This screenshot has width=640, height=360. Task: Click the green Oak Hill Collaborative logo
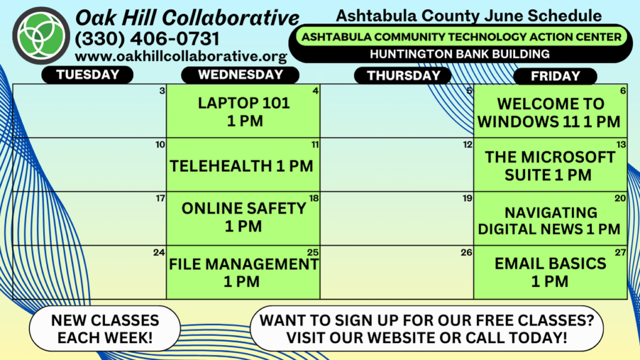(x=41, y=36)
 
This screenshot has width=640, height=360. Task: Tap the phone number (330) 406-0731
(x=147, y=39)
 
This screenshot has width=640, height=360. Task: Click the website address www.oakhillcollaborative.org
(x=181, y=56)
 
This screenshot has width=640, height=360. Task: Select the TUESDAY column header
(x=87, y=75)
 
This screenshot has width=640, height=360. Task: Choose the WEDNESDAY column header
(x=241, y=75)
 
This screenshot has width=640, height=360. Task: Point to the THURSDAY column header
(x=403, y=76)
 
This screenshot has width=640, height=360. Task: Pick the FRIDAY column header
(x=555, y=76)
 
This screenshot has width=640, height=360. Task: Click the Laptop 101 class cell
(x=243, y=111)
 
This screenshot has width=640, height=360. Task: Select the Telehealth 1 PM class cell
(x=243, y=165)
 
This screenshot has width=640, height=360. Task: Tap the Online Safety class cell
(x=243, y=218)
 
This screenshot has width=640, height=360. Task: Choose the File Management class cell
(x=243, y=272)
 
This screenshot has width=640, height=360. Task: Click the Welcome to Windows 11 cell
(x=550, y=111)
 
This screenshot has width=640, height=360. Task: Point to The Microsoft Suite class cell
(x=550, y=165)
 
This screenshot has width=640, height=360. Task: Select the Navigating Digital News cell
(x=550, y=218)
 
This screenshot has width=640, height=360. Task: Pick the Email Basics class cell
(x=550, y=272)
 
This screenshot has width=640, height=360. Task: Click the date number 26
(x=466, y=252)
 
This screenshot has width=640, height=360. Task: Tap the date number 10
(x=160, y=144)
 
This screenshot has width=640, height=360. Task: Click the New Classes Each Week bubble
(x=105, y=329)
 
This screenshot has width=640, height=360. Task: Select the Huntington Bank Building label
(x=459, y=54)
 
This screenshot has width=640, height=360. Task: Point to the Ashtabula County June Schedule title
(x=469, y=16)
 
